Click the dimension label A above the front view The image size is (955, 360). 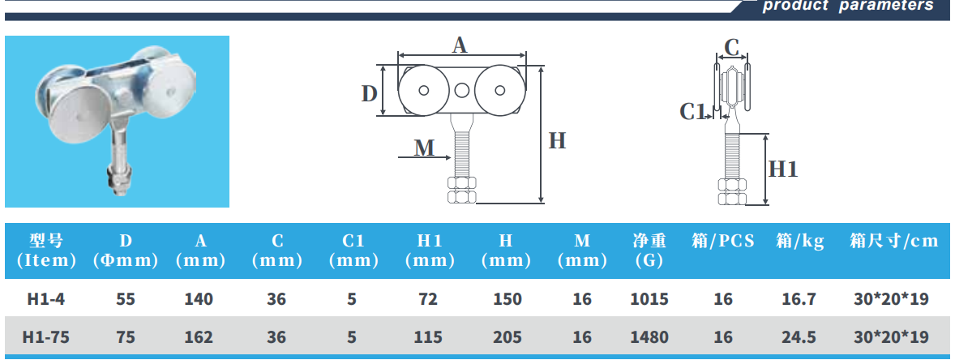460,45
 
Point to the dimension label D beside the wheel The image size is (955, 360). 369,94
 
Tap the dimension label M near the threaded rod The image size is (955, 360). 424,148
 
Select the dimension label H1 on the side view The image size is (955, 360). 783,169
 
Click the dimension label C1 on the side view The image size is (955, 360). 692,112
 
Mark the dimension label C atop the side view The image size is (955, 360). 732,48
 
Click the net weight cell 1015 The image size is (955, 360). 649,299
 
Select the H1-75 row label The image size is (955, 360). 46,336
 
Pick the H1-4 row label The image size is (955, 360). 46,299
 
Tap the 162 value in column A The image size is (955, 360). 199,336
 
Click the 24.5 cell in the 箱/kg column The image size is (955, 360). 799,336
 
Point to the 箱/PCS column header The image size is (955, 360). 723,241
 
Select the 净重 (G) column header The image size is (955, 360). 649,250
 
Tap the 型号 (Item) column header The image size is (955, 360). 46,250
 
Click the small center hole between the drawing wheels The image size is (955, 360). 462,90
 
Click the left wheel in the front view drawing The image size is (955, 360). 426,90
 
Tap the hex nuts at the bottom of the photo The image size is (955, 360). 118,181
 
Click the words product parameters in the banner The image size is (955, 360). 848,6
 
